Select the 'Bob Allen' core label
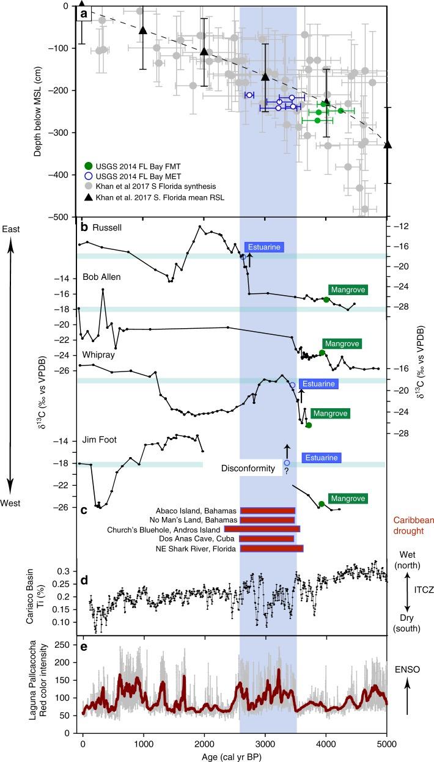click(x=102, y=277)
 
